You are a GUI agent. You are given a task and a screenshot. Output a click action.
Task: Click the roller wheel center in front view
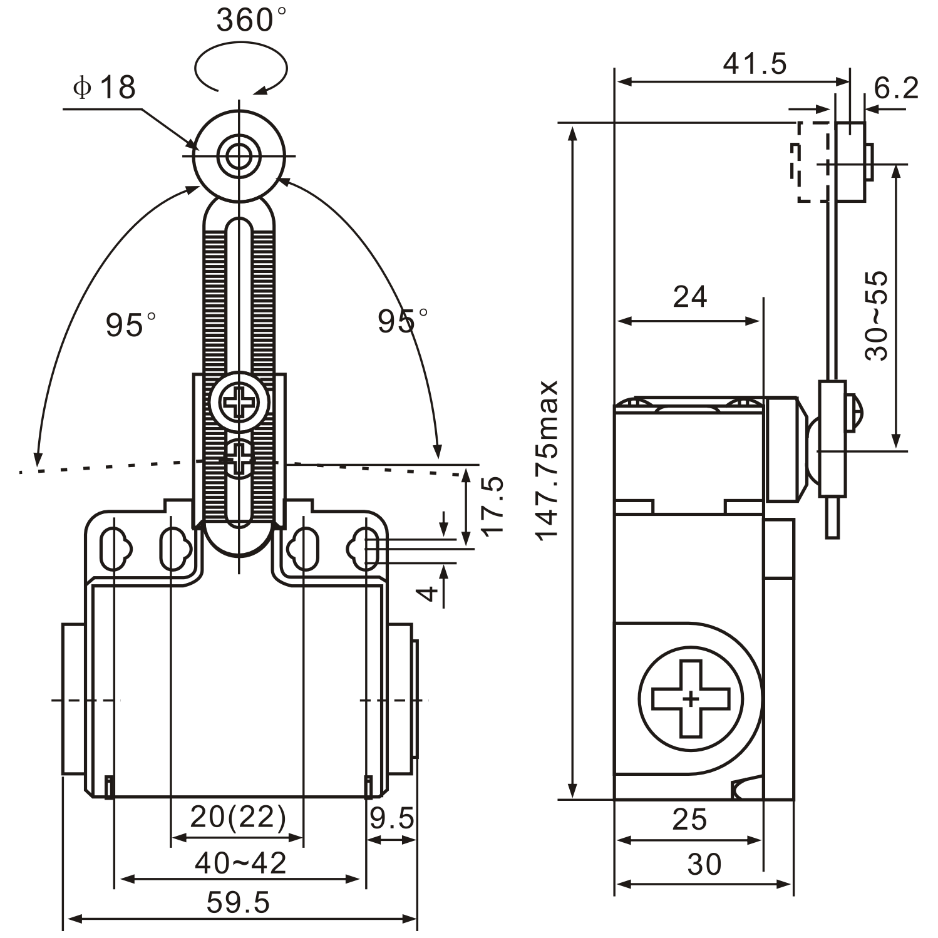[239, 156]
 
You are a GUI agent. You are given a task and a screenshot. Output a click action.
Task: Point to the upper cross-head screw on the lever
[239, 402]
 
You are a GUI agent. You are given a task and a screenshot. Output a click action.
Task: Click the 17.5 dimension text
[493, 505]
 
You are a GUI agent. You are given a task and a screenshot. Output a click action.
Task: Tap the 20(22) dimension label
[238, 817]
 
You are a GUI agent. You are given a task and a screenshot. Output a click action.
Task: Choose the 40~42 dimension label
[240, 863]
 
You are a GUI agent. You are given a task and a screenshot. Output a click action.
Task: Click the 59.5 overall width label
[239, 902]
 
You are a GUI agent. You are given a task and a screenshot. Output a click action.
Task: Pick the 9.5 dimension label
[392, 818]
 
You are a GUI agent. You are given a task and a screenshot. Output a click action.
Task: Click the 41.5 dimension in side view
[755, 63]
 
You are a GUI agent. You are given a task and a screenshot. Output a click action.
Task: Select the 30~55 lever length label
[877, 316]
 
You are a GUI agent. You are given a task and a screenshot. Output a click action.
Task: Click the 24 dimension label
[690, 297]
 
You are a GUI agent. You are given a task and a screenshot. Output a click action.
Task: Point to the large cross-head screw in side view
[691, 699]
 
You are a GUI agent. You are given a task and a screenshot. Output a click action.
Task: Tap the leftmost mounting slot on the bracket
[114, 549]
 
